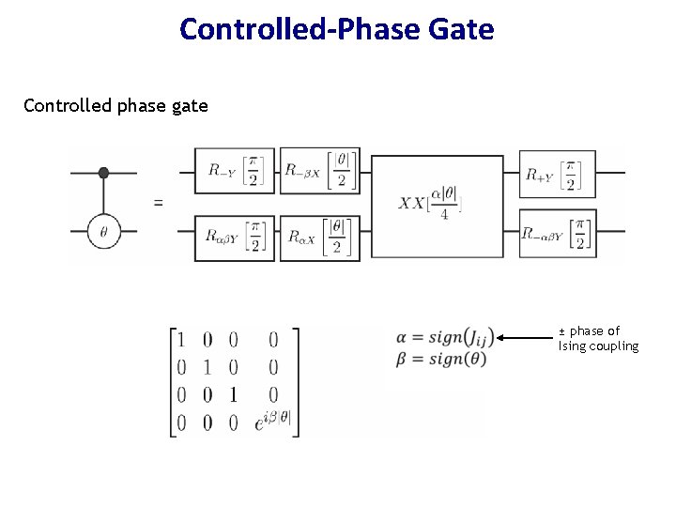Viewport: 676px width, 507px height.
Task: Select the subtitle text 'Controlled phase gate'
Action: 115,105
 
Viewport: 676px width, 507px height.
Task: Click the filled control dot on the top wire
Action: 104,173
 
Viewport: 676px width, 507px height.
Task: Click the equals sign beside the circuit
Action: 158,202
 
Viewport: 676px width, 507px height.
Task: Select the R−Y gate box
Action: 235,172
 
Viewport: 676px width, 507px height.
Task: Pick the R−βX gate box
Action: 319,172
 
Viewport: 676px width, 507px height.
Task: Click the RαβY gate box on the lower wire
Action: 235,238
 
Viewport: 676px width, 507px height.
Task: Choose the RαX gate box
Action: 319,238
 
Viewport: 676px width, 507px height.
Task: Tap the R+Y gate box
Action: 558,174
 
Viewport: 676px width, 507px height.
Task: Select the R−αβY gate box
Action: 558,232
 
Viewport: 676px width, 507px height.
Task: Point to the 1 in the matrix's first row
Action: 181,340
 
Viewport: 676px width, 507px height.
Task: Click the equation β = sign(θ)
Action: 441,360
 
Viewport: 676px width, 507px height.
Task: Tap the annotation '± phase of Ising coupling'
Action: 598,338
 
